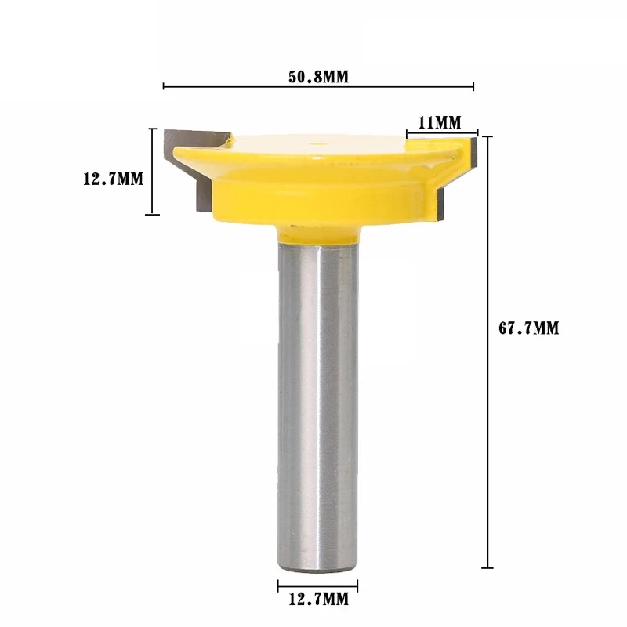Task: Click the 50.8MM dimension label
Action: pyautogui.click(x=318, y=76)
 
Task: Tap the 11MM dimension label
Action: pyautogui.click(x=440, y=122)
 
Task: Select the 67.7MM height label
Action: pyautogui.click(x=528, y=328)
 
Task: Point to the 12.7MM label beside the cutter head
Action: pyautogui.click(x=113, y=179)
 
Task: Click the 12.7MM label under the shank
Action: pyautogui.click(x=319, y=599)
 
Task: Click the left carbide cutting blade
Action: pyautogui.click(x=192, y=168)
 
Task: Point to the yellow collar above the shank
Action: pyautogui.click(x=318, y=234)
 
